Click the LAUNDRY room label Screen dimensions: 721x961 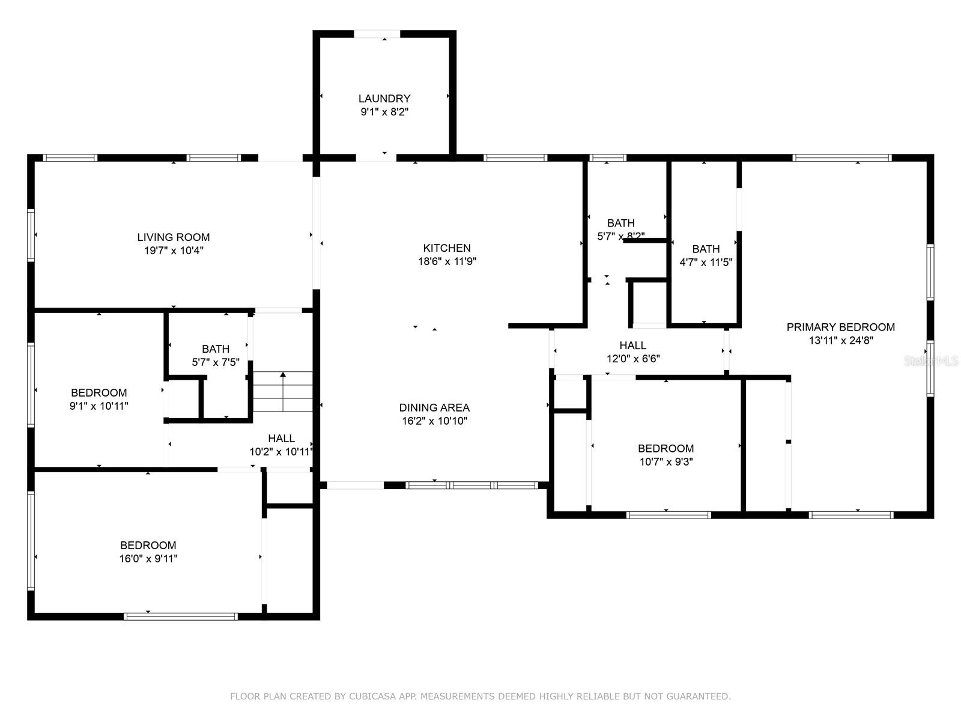tap(384, 99)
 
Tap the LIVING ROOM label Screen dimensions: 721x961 tap(174, 237)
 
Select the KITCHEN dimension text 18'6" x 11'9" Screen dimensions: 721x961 tap(447, 261)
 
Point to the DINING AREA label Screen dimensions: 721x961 tap(434, 407)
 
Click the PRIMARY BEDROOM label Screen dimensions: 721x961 tap(840, 327)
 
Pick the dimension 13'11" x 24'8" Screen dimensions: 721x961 tap(840, 341)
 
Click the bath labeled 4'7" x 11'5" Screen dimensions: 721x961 tap(706, 249)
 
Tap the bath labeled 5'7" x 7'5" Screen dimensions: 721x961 tap(216, 349)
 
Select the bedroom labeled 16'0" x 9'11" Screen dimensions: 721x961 tap(148, 546)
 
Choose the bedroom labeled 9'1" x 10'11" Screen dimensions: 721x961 tap(99, 393)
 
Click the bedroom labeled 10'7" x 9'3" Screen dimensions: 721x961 tap(665, 449)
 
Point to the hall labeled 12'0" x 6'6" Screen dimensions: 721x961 tap(633, 345)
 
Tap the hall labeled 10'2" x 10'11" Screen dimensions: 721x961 tap(281, 439)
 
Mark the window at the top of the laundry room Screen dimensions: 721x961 tap(377, 34)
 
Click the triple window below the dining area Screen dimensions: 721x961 tap(471, 485)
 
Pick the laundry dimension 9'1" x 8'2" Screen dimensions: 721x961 tap(384, 112)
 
